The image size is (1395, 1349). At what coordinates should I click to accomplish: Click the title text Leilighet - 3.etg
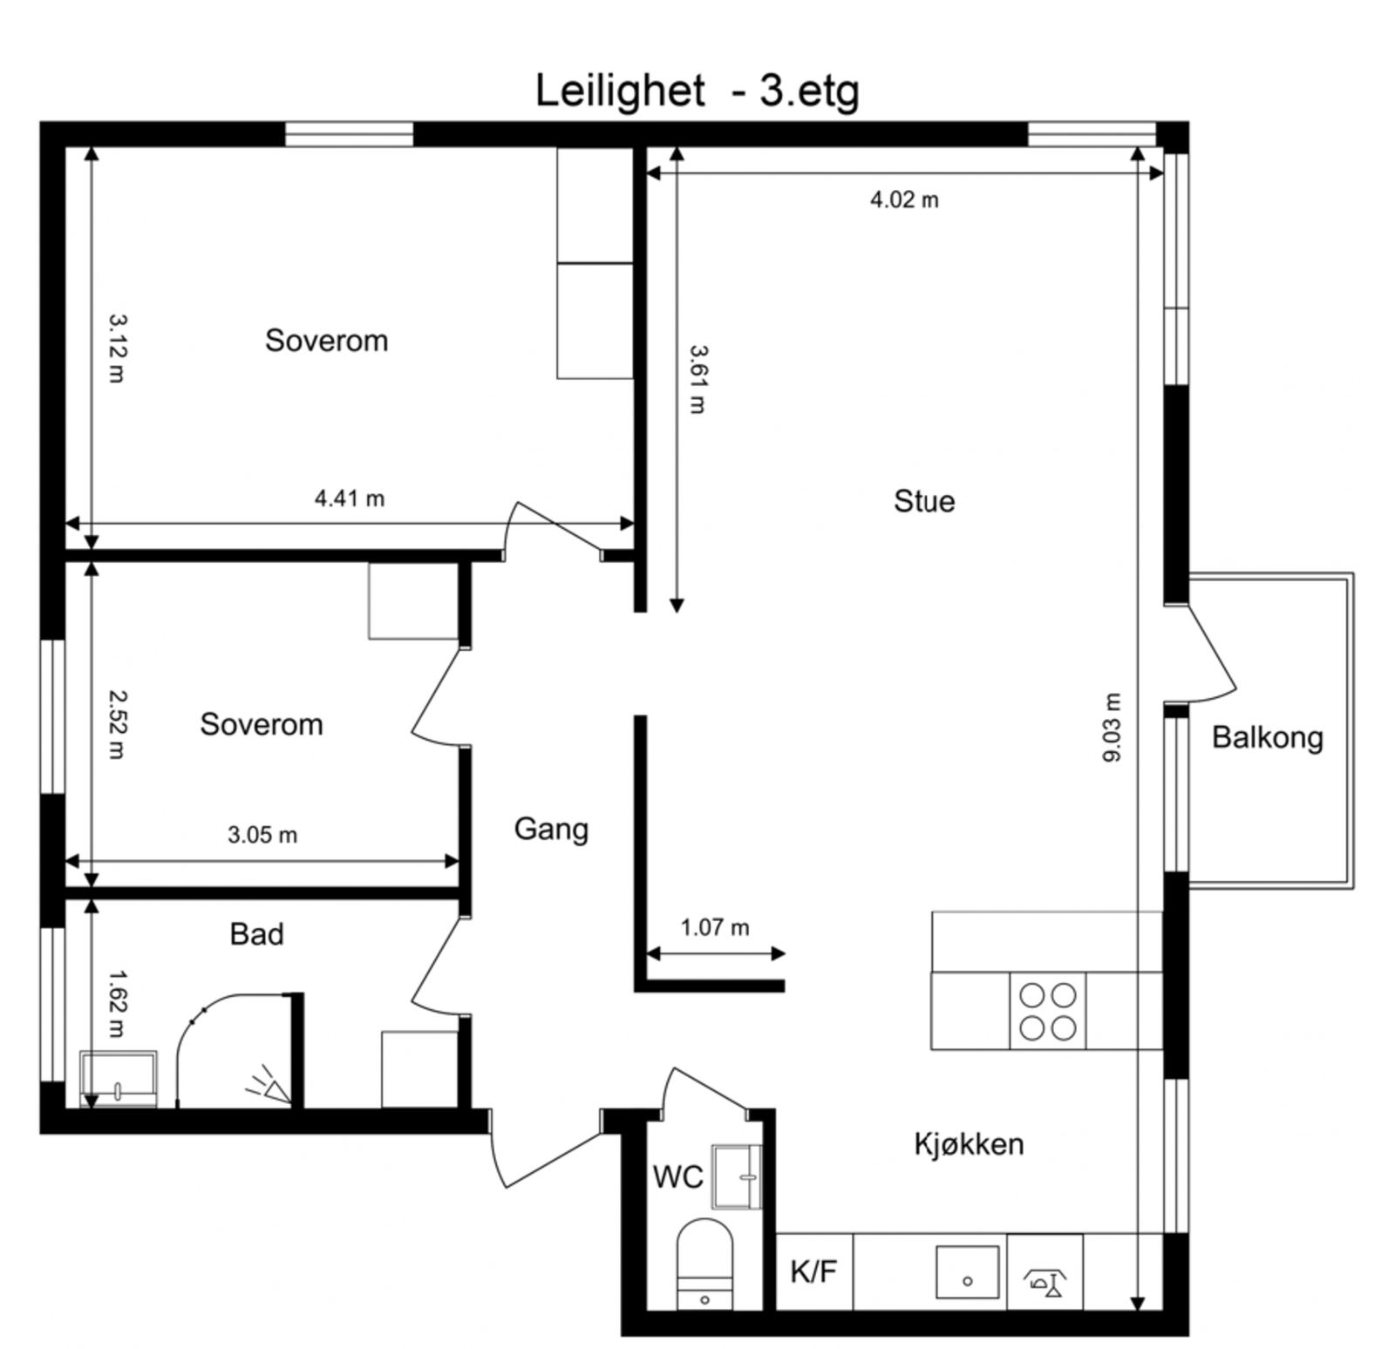[x=697, y=91]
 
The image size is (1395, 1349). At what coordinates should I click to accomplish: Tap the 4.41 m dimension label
[x=349, y=498]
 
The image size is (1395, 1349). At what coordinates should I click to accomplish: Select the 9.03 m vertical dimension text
[x=1112, y=728]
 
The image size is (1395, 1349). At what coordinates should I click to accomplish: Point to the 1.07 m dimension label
[x=714, y=927]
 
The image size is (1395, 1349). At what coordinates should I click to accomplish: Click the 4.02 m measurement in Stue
[x=904, y=200]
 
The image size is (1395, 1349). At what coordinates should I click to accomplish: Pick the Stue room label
[x=923, y=501]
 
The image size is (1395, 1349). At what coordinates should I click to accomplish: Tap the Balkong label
[x=1267, y=737]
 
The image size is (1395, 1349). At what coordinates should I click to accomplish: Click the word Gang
[x=551, y=828]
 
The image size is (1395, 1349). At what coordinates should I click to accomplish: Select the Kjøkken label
[x=969, y=1143]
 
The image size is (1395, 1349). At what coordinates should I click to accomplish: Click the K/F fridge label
[x=813, y=1271]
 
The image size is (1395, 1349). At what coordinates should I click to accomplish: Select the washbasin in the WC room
[x=738, y=1176]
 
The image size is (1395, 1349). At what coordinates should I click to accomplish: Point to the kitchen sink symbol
[x=967, y=1271]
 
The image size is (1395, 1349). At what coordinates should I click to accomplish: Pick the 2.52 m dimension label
[x=116, y=724]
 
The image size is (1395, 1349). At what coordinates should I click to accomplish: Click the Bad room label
[x=256, y=934]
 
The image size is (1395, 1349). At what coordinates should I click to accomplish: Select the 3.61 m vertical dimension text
[x=697, y=379]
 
